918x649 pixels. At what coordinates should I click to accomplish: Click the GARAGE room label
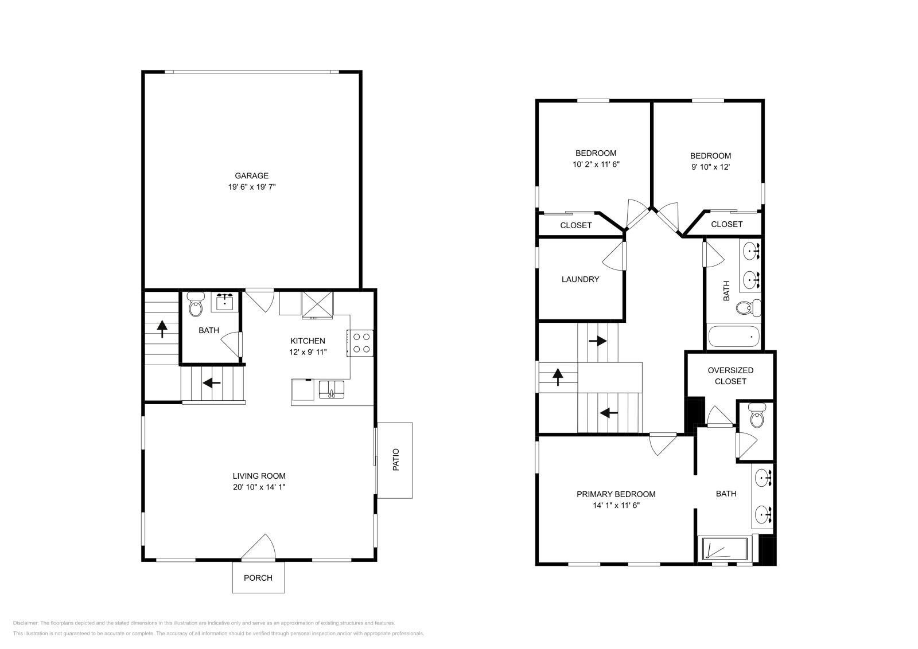[251, 175]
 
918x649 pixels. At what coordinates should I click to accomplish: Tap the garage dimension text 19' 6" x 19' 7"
[251, 186]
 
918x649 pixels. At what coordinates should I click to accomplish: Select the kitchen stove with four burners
[361, 343]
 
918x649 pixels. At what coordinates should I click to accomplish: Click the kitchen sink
[331, 390]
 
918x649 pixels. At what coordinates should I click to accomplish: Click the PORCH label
[258, 577]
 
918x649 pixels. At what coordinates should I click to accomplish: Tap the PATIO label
[395, 460]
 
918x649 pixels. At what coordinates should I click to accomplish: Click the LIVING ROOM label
[259, 476]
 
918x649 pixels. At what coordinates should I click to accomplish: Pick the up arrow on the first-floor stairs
[162, 329]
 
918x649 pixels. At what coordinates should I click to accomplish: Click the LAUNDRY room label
[580, 279]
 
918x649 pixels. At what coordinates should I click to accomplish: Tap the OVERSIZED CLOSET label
[730, 376]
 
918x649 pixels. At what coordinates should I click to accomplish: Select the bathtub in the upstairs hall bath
[734, 336]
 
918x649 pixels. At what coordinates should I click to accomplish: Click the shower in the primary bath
[724, 549]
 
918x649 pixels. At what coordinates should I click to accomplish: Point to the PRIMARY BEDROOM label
[616, 494]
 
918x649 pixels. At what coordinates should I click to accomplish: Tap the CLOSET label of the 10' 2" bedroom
[575, 225]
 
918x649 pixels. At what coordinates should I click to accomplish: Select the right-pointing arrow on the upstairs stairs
[597, 341]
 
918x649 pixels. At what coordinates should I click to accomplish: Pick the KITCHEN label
[308, 341]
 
